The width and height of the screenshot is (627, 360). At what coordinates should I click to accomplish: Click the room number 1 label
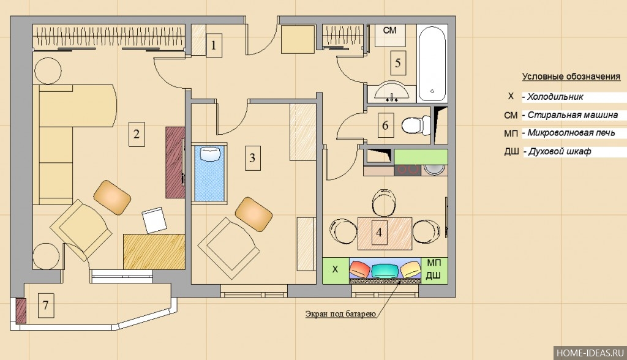[x=214, y=45]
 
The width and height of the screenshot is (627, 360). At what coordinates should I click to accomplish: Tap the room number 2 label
[x=137, y=134]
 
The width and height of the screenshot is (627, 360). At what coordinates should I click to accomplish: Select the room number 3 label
[x=252, y=157]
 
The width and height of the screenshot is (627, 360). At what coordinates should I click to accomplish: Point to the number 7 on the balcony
[x=45, y=305]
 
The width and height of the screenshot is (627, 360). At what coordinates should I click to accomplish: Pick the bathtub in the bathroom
[x=432, y=63]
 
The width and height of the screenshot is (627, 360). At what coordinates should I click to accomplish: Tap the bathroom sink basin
[x=392, y=91]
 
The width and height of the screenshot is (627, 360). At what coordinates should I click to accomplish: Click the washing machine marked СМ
[x=390, y=35]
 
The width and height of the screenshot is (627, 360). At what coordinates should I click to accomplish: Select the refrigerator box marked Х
[x=336, y=270]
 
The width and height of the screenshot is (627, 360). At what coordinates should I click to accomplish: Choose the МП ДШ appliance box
[x=434, y=270]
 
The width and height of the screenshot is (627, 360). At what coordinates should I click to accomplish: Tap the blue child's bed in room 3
[x=209, y=173]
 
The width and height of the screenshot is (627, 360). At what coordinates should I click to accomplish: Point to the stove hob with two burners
[x=407, y=170]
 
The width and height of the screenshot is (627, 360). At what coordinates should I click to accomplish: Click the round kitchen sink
[x=434, y=170]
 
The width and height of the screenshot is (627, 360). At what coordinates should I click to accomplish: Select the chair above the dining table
[x=385, y=203]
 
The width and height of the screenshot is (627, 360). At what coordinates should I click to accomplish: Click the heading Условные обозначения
[x=571, y=77]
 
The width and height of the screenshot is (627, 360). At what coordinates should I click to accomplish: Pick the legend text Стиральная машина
[x=573, y=115]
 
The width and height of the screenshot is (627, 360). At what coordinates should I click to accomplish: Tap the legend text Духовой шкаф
[x=560, y=152]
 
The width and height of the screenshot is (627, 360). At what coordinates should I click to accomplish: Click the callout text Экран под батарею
[x=340, y=314]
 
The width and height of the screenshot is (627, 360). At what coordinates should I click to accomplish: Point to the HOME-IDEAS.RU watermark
[x=590, y=353]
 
